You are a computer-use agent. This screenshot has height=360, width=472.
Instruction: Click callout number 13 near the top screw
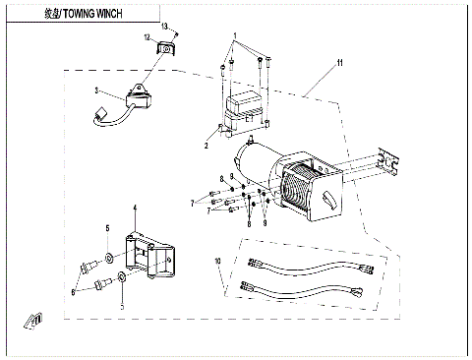(x=165, y=25)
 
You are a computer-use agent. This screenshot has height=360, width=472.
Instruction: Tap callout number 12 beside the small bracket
(x=147, y=37)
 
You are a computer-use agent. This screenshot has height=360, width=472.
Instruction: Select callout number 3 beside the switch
(x=97, y=90)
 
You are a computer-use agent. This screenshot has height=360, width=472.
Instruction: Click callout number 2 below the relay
(x=206, y=145)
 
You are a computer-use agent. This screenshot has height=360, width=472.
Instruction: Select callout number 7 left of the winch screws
(x=193, y=202)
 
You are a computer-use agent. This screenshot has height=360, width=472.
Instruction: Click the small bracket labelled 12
(x=165, y=46)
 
